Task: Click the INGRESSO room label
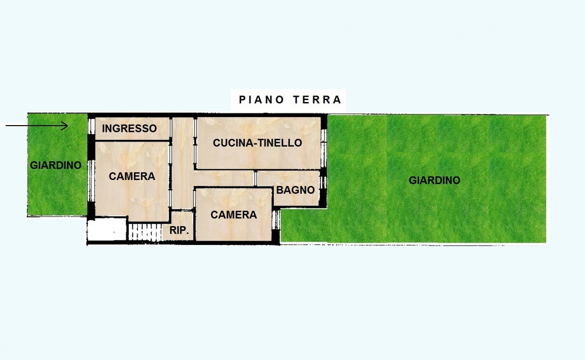coord(129,128)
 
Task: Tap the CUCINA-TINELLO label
coord(257,143)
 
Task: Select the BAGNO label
coord(296,190)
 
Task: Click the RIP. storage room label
coord(179,231)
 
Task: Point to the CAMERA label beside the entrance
coord(132,176)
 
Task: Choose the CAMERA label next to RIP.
coord(234,215)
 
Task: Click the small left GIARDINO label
coord(56,165)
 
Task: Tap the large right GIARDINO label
coord(434,180)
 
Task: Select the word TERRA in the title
coord(316,100)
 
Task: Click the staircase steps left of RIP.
coord(145,231)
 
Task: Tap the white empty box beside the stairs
coord(106,229)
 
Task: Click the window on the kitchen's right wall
coord(324,142)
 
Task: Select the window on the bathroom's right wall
coord(324,182)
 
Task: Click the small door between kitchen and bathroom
coord(256,178)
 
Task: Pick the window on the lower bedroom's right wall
coord(277,219)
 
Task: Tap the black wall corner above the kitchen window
coord(324,121)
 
